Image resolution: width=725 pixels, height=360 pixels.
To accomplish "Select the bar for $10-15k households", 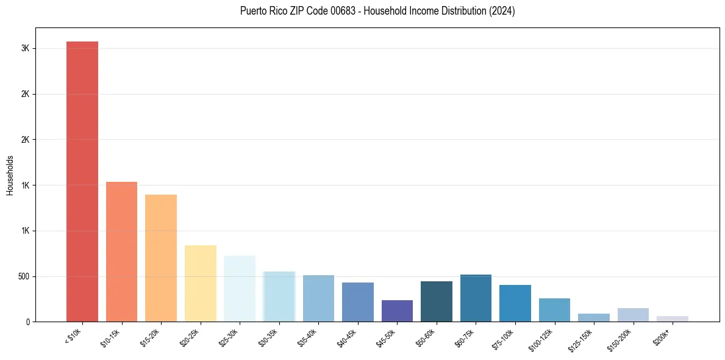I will click(x=121, y=251).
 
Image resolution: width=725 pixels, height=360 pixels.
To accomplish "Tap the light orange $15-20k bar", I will click(x=161, y=258).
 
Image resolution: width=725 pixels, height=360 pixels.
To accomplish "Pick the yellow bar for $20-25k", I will click(x=200, y=283).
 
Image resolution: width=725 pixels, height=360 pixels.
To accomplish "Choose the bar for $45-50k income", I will click(x=397, y=311).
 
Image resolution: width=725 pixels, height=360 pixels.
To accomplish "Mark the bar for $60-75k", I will click(x=476, y=298).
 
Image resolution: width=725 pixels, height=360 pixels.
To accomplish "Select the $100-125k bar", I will click(x=554, y=310).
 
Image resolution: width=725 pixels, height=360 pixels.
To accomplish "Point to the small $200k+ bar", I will click(x=672, y=319).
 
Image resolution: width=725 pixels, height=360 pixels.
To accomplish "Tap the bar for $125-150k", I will click(x=594, y=317).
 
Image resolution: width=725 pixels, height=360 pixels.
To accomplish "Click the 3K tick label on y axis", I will click(x=26, y=49).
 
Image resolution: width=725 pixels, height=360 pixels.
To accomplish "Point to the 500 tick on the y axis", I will click(x=23, y=276).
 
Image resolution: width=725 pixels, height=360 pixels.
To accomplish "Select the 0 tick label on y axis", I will click(x=27, y=322).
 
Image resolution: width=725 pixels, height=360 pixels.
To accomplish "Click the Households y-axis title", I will click(x=10, y=175).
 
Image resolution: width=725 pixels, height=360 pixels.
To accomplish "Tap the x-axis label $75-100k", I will click(x=504, y=337).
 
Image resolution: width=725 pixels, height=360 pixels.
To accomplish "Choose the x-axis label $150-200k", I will click(x=621, y=338).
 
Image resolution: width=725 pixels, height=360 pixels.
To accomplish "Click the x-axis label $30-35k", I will click(x=268, y=337).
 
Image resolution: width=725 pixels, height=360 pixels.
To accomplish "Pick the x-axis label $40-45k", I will click(x=346, y=337).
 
